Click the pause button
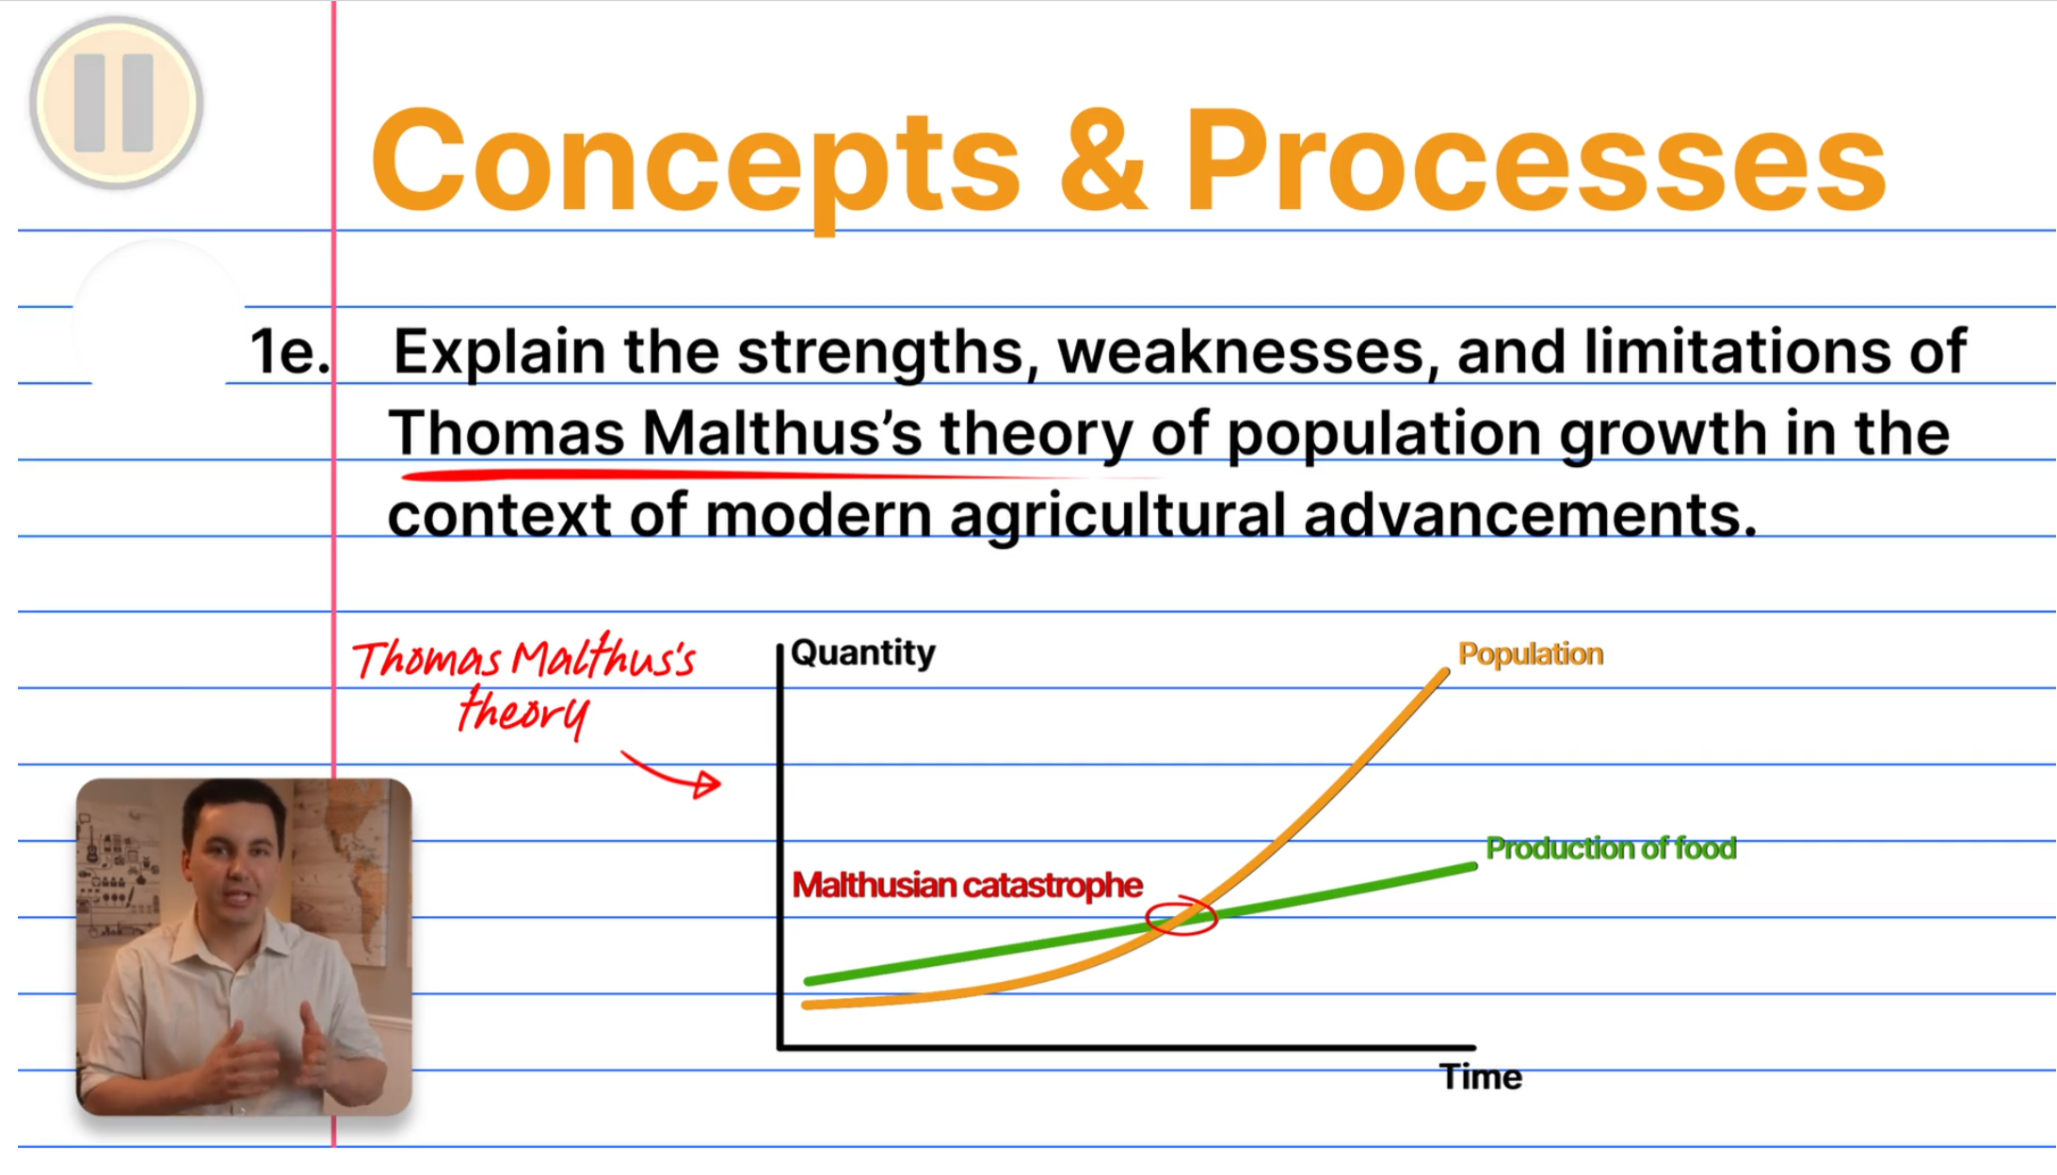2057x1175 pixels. [116, 103]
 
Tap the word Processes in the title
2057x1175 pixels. [1535, 162]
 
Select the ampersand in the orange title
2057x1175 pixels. [1103, 159]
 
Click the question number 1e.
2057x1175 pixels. [290, 351]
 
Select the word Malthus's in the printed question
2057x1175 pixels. [782, 433]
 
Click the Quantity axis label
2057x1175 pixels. [863, 652]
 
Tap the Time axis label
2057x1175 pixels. [1481, 1076]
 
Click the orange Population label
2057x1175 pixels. [1531, 653]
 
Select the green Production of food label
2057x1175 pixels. [1611, 848]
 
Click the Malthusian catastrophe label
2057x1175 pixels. [967, 885]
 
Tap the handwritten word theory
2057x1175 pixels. [523, 711]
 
